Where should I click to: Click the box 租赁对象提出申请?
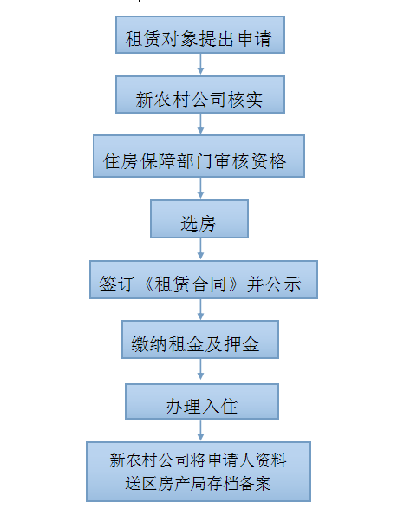coord(200,35)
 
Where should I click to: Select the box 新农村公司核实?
coord(200,95)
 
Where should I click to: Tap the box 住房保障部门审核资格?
coord(199,156)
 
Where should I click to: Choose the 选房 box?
coord(199,219)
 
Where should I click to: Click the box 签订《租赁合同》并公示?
coord(204,279)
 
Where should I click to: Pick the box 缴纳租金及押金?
coord(200,340)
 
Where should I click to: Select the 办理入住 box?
coord(202,401)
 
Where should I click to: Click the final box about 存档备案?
coord(199,472)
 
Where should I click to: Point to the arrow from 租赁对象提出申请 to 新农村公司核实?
coord(200,64)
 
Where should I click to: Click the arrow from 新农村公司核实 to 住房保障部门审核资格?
coord(200,124)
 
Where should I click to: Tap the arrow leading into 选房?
coord(200,188)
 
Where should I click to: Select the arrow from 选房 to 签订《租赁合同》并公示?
coord(200,249)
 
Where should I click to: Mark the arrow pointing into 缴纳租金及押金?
coord(200,310)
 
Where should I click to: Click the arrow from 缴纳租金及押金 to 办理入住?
coord(200,369)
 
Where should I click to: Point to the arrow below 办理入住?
coord(200,430)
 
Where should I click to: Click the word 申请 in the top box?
coord(255,39)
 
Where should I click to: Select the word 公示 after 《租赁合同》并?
coord(283,284)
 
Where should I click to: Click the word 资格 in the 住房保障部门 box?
coord(269,161)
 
